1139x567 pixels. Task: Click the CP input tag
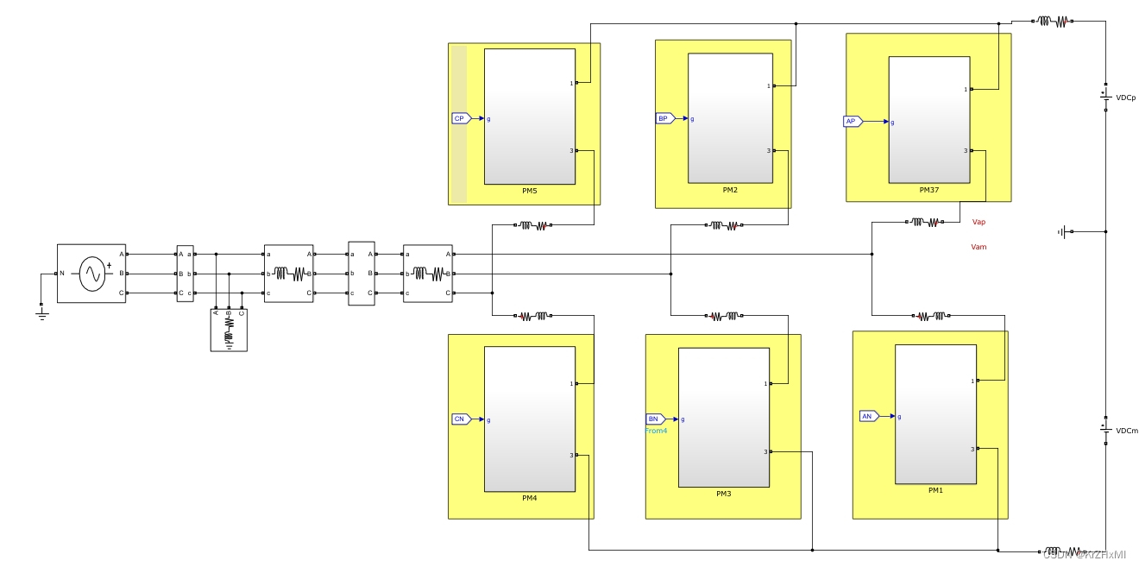[460, 118]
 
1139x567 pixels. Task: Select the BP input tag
[664, 118]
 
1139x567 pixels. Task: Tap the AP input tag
[852, 122]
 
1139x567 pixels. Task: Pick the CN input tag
[461, 419]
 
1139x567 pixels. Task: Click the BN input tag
[655, 419]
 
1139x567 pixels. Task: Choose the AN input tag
[868, 416]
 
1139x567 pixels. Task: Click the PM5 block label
[529, 191]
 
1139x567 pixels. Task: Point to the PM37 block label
[929, 190]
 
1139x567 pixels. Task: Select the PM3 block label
[723, 494]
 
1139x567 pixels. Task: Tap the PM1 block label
[935, 490]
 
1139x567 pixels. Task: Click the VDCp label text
[1126, 98]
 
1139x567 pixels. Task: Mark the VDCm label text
[1127, 431]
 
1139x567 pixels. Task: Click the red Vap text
[979, 222]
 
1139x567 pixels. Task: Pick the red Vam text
[979, 247]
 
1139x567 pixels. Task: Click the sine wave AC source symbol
[92, 274]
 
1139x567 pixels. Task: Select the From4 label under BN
[656, 431]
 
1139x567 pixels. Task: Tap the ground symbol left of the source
[41, 312]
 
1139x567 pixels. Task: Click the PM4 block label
[529, 498]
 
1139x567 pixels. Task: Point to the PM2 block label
[730, 189]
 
